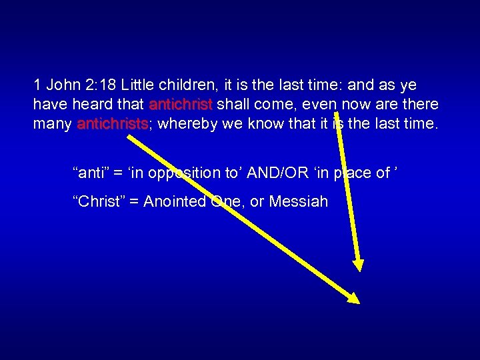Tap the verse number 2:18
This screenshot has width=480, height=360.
(x=101, y=85)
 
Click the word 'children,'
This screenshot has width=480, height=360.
(x=199, y=85)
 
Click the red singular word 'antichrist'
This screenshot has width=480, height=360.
(x=181, y=104)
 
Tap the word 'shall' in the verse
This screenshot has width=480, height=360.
(x=235, y=104)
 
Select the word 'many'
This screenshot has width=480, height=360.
(x=52, y=123)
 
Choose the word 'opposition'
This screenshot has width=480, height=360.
(x=185, y=173)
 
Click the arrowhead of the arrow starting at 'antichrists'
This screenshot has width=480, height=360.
(x=353, y=298)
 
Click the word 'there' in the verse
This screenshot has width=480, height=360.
(x=420, y=104)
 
